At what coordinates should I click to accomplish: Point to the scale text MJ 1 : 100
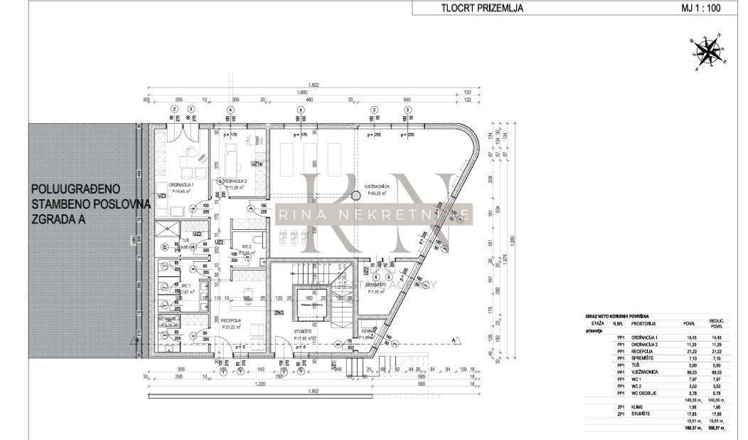(x=702, y=9)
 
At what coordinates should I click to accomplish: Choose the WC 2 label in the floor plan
(x=245, y=245)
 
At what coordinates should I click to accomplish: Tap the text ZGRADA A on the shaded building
(x=58, y=219)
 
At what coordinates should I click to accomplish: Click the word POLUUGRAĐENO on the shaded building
(x=75, y=189)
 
